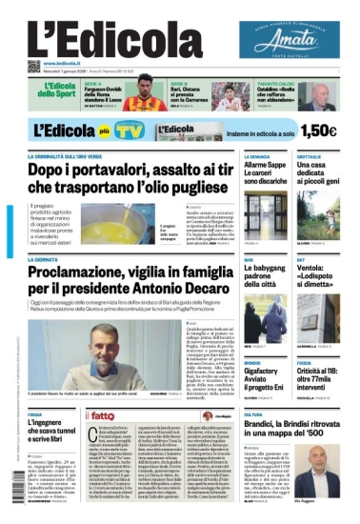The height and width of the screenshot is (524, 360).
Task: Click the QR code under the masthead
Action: click(x=33, y=66)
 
